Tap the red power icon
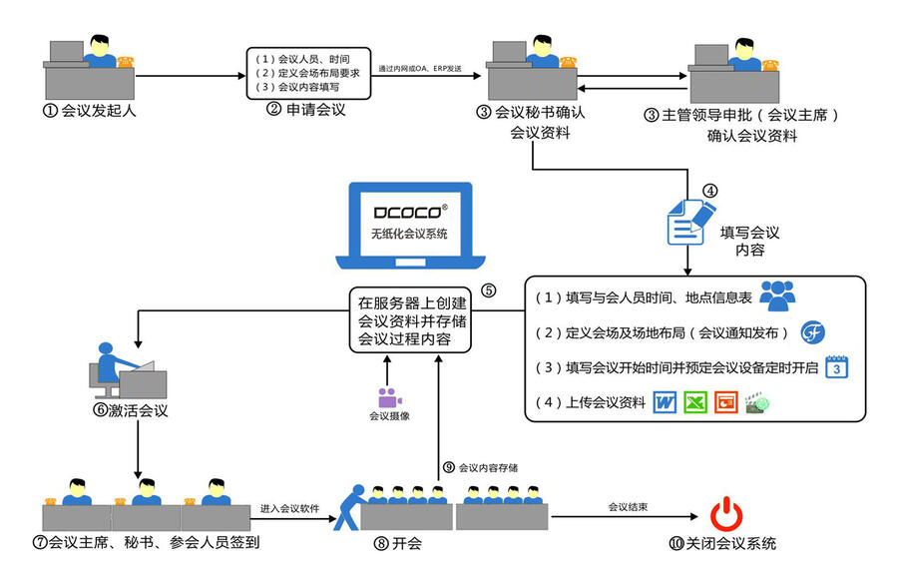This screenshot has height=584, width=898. (725, 515)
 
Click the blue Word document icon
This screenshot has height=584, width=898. (665, 403)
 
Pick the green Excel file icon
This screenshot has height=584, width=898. (695, 403)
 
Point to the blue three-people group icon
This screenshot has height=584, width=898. (777, 295)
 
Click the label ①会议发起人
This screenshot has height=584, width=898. (89, 110)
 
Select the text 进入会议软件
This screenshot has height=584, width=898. (290, 507)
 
